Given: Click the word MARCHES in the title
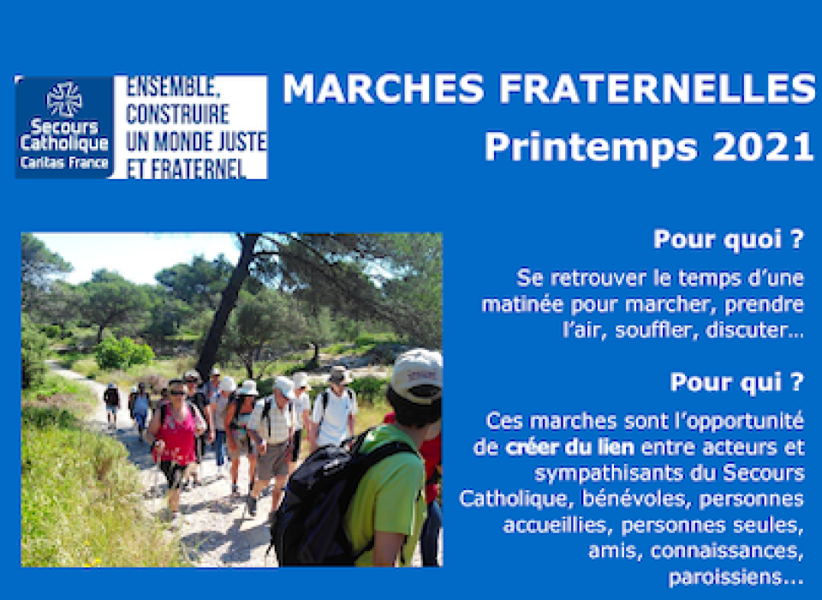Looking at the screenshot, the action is pos(384,88).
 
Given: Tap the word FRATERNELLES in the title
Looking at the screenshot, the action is pos(658,88).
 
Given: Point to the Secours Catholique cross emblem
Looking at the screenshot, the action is pos(64,99).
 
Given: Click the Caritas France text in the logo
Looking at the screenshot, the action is pos(64,162).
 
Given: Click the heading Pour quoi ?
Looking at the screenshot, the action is pos(728,240).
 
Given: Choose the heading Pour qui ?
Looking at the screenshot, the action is pos(736,382).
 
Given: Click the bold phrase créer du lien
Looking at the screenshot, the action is pos(569,447).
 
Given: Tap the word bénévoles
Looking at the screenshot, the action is pos(634,499).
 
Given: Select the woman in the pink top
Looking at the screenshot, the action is pos(176,447).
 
